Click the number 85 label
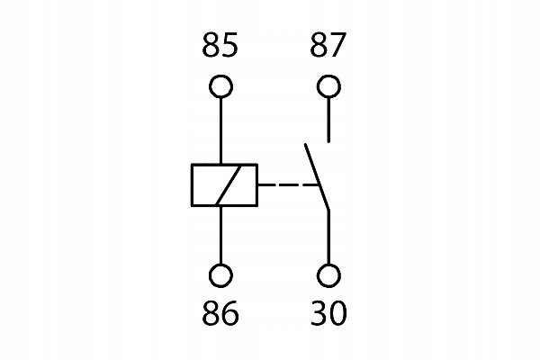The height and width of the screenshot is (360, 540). tap(220, 45)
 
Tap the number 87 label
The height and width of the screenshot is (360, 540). tap(328, 45)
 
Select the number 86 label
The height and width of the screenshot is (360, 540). tap(220, 313)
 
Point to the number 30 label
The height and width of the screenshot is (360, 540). tap(328, 313)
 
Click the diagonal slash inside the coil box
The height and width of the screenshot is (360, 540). tap(229, 185)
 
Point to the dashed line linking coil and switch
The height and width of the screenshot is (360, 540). tap(288, 185)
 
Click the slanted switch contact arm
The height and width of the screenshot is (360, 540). tap(317, 177)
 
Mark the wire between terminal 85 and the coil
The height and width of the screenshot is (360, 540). tap(220, 130)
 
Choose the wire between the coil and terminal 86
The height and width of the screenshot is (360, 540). tap(220, 235)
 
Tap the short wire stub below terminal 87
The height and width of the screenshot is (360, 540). tap(328, 120)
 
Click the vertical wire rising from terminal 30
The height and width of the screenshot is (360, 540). tap(328, 237)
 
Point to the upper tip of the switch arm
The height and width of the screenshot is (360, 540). tap(305, 144)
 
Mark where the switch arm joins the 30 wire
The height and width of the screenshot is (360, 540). tap(328, 210)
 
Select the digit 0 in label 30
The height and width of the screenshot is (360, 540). tap(337, 313)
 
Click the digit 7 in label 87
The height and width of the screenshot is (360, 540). tap(337, 45)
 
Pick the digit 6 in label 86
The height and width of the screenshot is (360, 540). tap(229, 313)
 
